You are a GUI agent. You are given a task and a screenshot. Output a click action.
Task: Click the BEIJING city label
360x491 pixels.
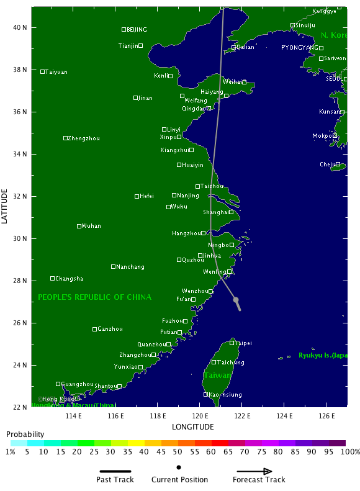coord(137,29)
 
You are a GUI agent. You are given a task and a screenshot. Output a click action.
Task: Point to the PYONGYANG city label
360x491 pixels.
coord(299,47)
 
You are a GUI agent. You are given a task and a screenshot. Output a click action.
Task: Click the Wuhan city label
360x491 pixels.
coord(91,226)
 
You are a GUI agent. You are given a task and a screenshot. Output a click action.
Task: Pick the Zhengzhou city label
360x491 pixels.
coord(83,138)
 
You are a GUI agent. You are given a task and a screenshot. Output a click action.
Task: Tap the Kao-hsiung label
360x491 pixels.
coord(225,395)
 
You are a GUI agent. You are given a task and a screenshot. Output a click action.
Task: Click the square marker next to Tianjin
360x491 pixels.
coord(141,45)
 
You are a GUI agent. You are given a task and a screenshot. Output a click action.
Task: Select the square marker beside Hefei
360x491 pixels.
coord(137,196)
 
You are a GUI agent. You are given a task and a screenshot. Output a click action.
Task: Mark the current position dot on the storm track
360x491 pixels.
coord(236,300)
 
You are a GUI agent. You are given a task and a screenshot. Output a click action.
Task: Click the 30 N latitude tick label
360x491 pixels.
coord(20,238)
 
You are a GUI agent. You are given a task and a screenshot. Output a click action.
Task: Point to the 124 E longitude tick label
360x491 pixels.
coord(284,415)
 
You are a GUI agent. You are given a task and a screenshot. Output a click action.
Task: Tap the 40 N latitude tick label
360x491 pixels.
coord(20,27)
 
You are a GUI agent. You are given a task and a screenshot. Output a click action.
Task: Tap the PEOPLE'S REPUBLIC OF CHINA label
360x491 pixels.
coord(94,297)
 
